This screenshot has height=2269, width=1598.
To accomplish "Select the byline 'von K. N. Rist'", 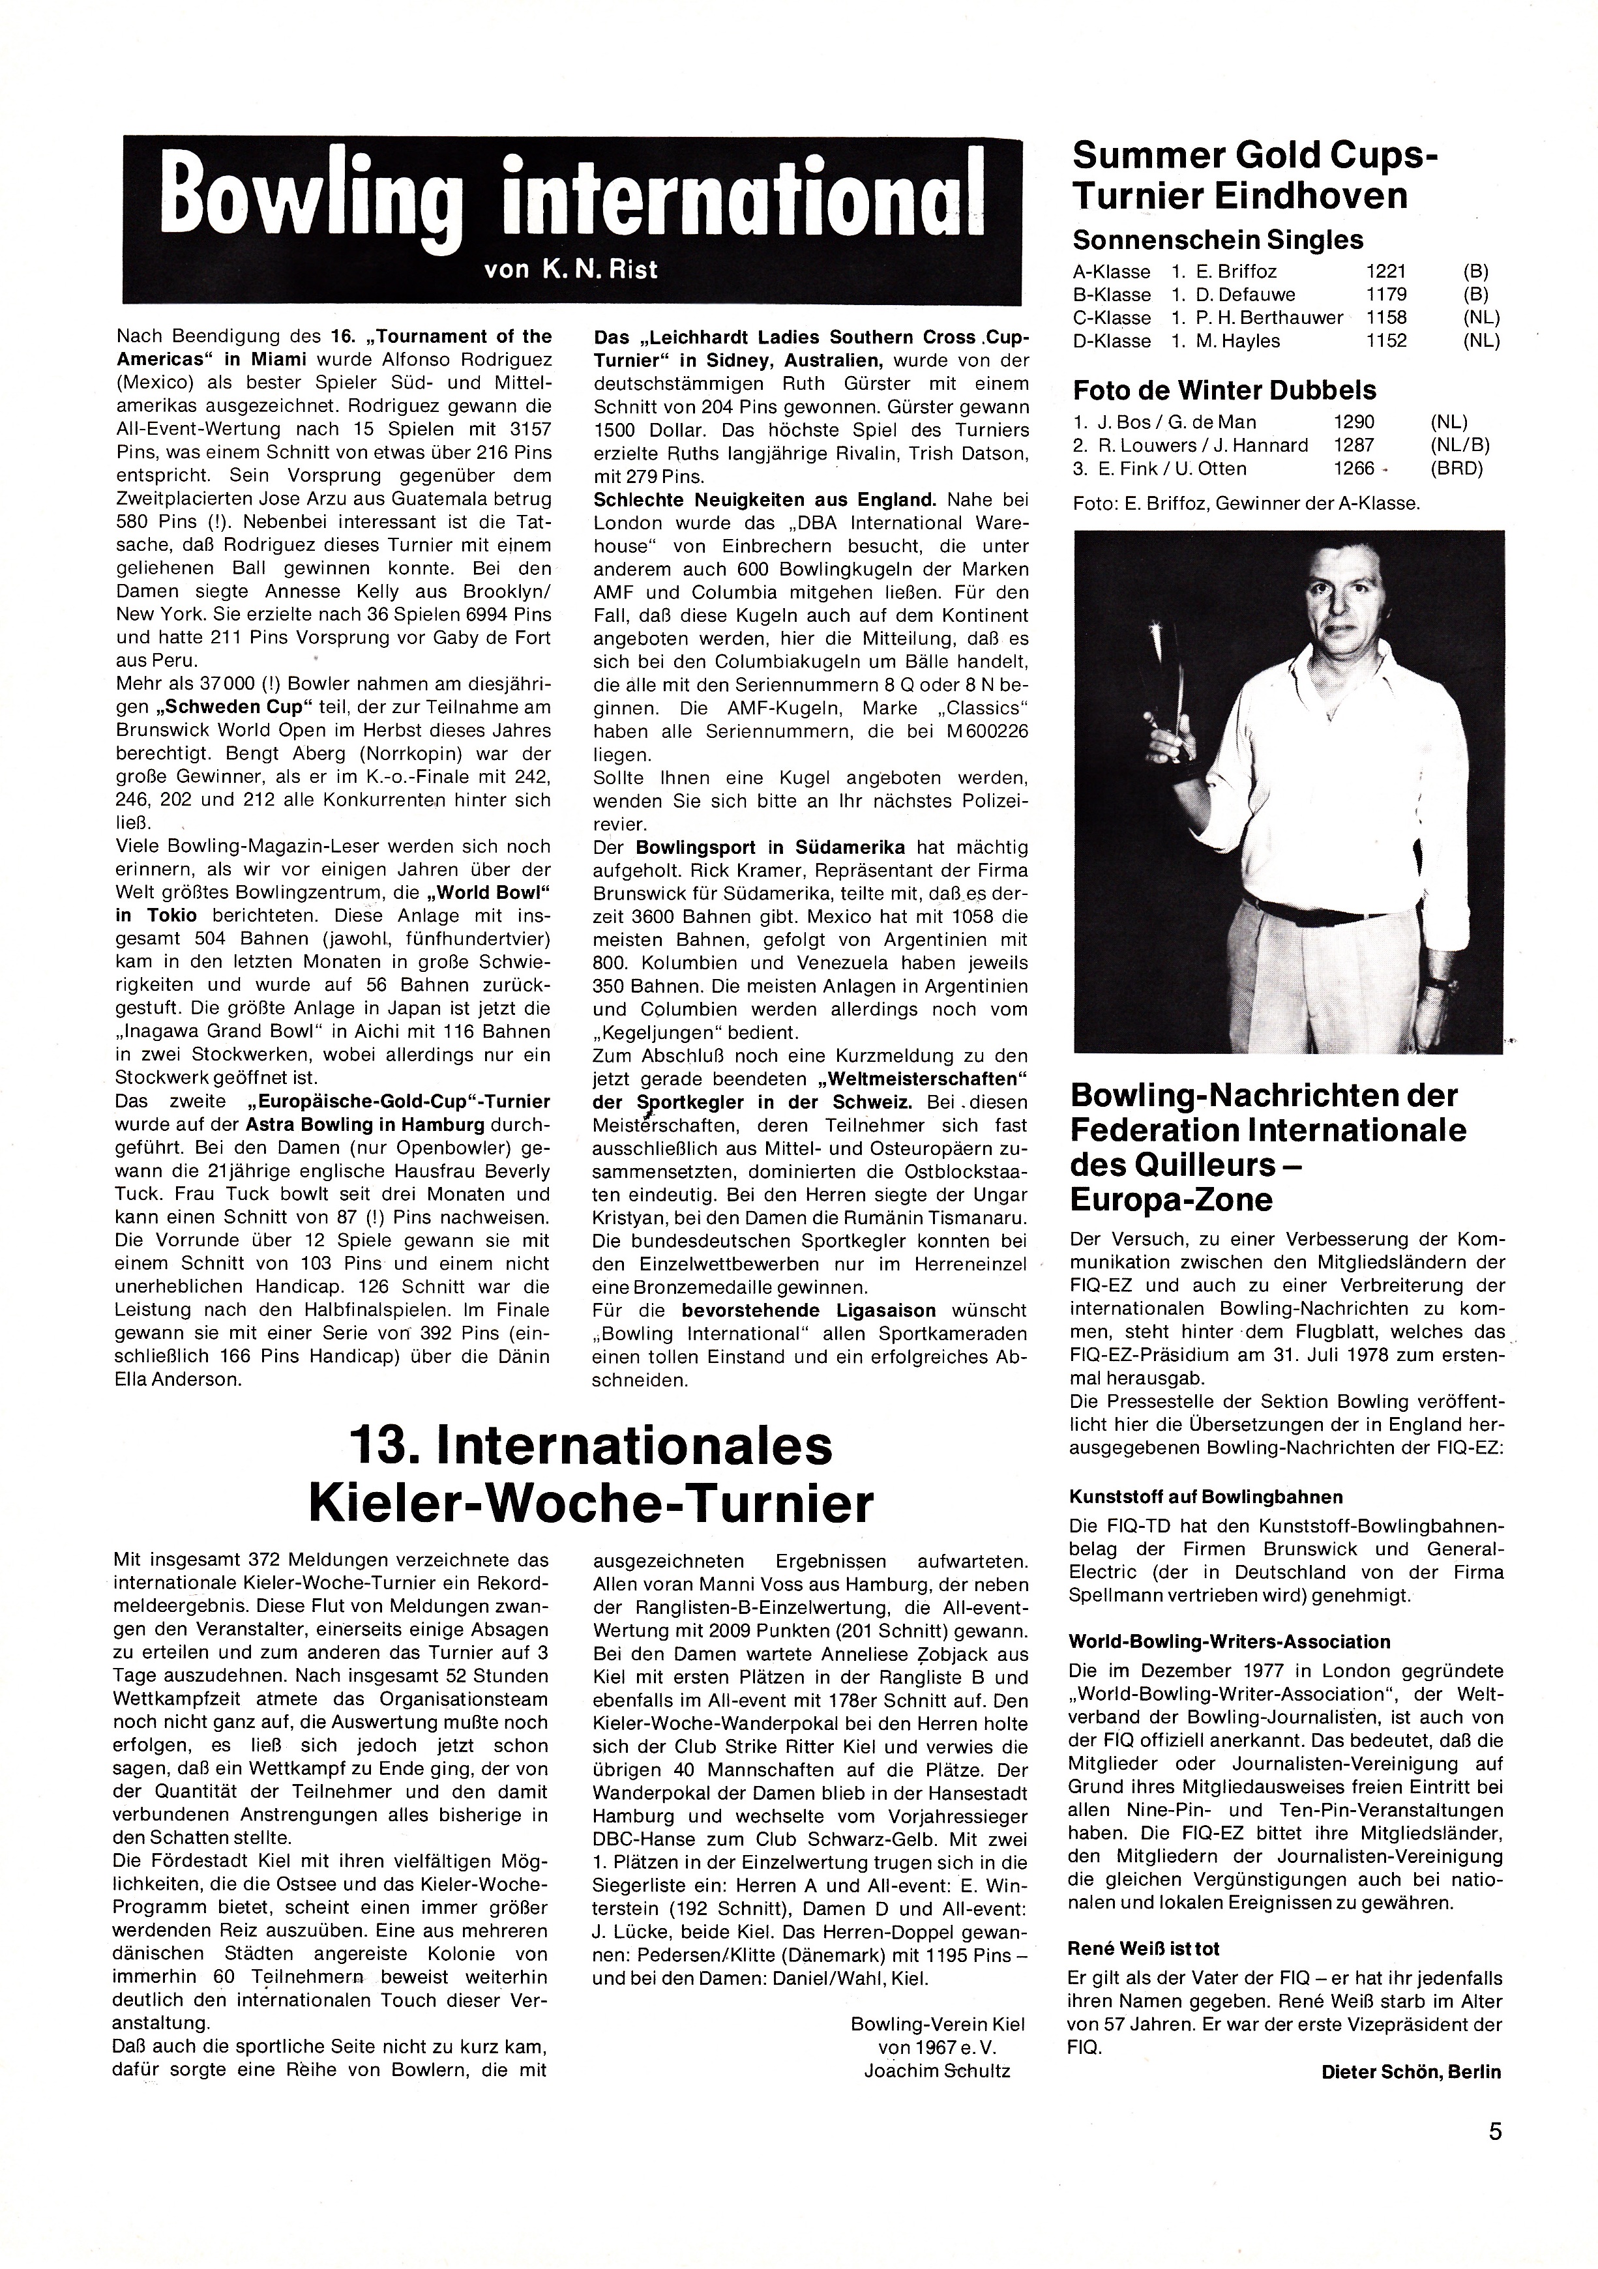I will point(571,269).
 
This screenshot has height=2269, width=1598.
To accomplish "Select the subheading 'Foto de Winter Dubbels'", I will point(1224,390).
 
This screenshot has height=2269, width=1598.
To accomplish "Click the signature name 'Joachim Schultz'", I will point(937,2043).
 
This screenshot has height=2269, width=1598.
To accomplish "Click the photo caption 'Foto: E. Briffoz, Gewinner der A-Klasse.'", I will point(1245,504).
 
